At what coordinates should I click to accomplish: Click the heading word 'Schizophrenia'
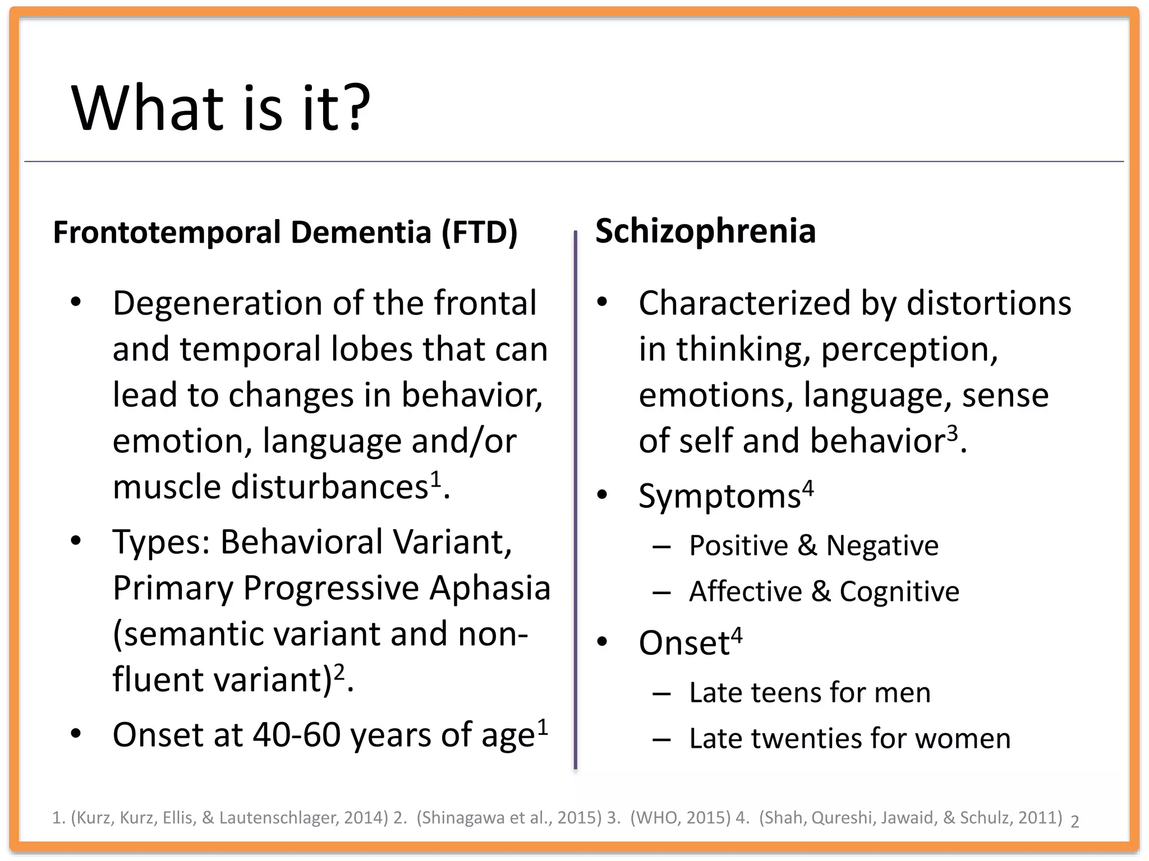click(705, 231)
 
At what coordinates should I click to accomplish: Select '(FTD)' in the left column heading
click(479, 233)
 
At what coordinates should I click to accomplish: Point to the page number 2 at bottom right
click(1074, 822)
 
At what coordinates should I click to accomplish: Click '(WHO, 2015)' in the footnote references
click(680, 818)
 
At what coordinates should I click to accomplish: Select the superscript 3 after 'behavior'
click(952, 433)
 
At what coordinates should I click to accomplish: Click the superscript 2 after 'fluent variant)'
click(339, 671)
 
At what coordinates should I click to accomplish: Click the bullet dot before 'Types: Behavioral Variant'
click(76, 541)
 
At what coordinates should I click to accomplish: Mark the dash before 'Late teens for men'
click(661, 694)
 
